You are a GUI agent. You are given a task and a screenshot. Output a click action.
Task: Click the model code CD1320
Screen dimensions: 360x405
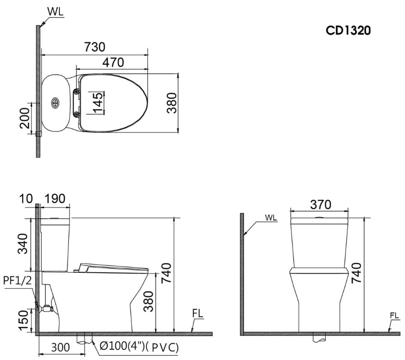(348, 31)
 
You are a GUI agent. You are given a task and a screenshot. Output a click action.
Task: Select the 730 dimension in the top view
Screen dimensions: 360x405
(94, 47)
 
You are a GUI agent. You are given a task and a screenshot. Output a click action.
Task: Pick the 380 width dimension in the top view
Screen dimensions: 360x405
(171, 103)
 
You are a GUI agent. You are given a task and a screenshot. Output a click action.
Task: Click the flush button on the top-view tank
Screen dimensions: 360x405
(56, 103)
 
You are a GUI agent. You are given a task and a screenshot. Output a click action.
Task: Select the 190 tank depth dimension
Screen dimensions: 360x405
(55, 198)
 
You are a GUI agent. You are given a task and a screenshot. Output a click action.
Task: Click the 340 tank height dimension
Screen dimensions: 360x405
(23, 244)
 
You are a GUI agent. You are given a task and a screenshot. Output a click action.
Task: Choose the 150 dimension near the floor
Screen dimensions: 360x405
(23, 320)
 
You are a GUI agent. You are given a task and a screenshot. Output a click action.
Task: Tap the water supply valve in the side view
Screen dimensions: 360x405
(46, 309)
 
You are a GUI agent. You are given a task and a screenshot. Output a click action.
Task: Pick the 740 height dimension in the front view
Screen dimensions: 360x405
(355, 273)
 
